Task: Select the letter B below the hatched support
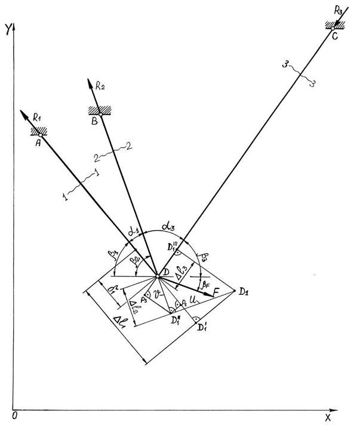(x=94, y=121)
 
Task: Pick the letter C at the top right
(x=334, y=36)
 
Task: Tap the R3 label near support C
(x=338, y=11)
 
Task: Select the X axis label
(x=327, y=417)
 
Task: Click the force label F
(x=216, y=291)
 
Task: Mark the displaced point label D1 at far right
(x=243, y=291)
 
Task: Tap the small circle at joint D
(x=158, y=276)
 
